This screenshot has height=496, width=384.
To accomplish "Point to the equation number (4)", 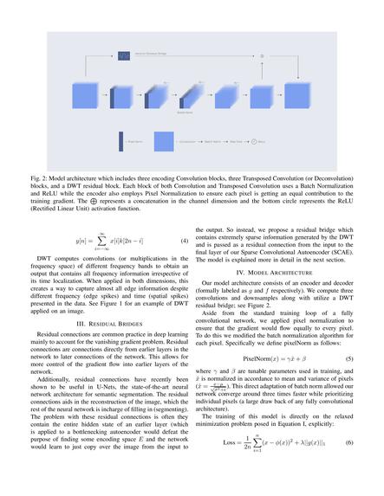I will click(x=184, y=240).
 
